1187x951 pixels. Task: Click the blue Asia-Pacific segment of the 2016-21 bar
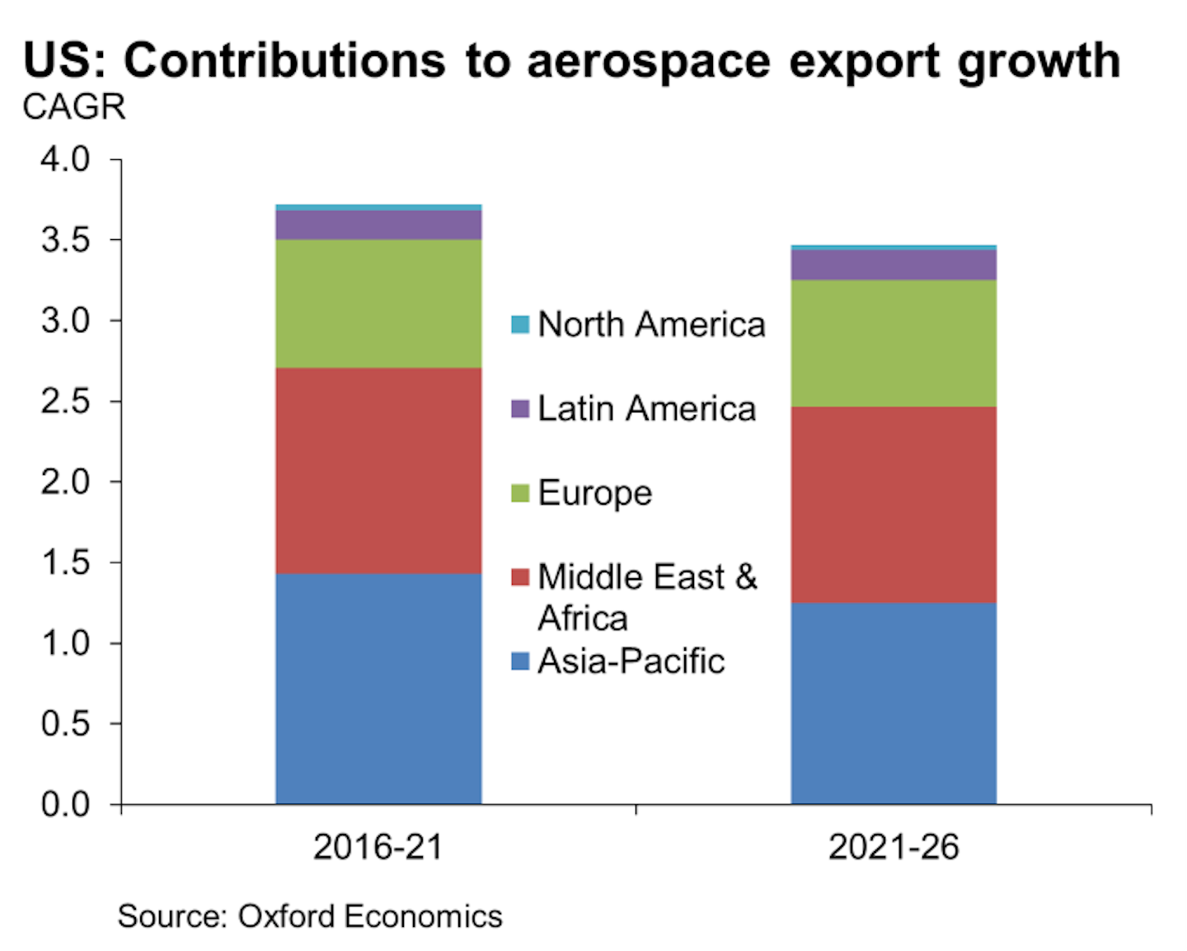pyautogui.click(x=378, y=689)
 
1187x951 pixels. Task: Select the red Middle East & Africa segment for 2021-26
pyautogui.click(x=894, y=505)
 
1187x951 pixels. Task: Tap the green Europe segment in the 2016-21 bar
pyautogui.click(x=378, y=304)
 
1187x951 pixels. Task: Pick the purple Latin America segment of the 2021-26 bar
pyautogui.click(x=894, y=265)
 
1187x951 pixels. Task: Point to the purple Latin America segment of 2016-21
pyautogui.click(x=378, y=225)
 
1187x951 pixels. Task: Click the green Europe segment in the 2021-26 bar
pyautogui.click(x=894, y=343)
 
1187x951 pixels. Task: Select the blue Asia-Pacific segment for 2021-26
pyautogui.click(x=894, y=703)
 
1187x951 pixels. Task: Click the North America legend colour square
pyautogui.click(x=520, y=324)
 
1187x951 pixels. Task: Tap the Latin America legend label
pyautogui.click(x=646, y=408)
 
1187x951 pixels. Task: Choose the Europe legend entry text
pyautogui.click(x=594, y=493)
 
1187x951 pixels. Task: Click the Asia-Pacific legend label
pyautogui.click(x=631, y=661)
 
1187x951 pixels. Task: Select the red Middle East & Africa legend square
pyautogui.click(x=520, y=577)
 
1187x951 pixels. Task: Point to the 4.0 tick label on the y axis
pyautogui.click(x=65, y=159)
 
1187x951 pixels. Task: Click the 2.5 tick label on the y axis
pyautogui.click(x=65, y=402)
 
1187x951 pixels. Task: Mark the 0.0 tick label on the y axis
pyautogui.click(x=65, y=804)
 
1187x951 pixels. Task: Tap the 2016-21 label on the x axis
pyautogui.click(x=378, y=847)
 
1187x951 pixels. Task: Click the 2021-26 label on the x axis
pyautogui.click(x=894, y=847)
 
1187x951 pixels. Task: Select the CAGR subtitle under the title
pyautogui.click(x=74, y=107)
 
